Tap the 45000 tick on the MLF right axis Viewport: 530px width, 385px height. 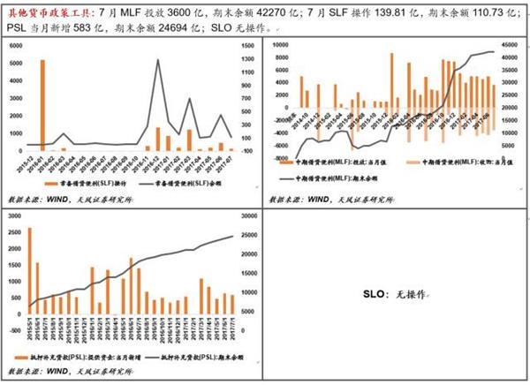(511, 43)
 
